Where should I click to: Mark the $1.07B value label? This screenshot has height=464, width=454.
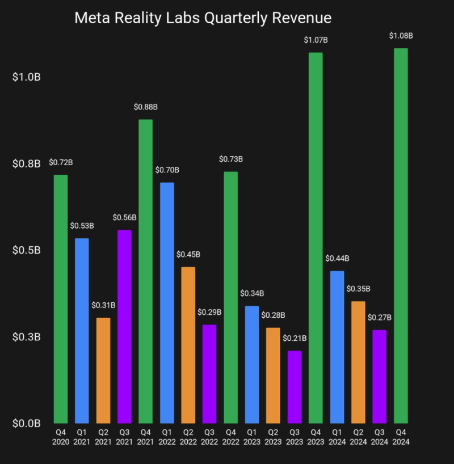pyautogui.click(x=316, y=40)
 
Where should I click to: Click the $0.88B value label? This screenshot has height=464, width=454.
pyautogui.click(x=146, y=107)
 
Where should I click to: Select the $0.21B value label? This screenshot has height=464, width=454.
pyautogui.click(x=295, y=339)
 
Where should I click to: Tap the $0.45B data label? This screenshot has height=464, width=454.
pyautogui.click(x=188, y=254)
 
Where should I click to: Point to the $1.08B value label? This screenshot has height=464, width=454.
pyautogui.click(x=401, y=36)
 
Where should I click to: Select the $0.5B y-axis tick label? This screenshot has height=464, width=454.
pyautogui.click(x=26, y=250)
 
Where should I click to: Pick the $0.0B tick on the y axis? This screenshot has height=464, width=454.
pyautogui.click(x=26, y=423)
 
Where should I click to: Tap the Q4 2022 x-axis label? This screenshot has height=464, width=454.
pyautogui.click(x=230, y=437)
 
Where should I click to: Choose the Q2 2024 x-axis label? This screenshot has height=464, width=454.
pyautogui.click(x=358, y=437)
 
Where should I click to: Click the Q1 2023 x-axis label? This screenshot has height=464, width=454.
pyautogui.click(x=252, y=437)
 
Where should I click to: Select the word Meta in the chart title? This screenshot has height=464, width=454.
pyautogui.click(x=92, y=18)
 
